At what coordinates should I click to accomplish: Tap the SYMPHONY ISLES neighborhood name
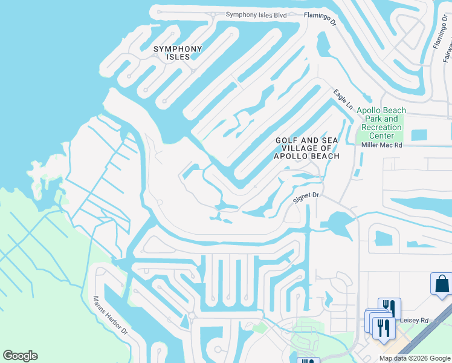[178, 53]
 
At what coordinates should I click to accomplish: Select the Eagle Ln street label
[343, 99]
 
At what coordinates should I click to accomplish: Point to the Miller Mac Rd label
[381, 145]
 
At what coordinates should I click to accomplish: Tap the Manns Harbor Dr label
[111, 315]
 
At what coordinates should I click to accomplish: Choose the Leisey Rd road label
[414, 320]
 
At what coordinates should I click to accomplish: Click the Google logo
[20, 356]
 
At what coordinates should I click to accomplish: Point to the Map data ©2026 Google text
[415, 358]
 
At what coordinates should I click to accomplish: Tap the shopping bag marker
[441, 283]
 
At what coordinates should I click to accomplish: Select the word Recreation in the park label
[381, 128]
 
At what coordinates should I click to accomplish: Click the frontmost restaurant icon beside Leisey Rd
[383, 327]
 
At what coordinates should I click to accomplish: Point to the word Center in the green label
[381, 136]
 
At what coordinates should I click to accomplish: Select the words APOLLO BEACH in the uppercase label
[306, 156]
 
